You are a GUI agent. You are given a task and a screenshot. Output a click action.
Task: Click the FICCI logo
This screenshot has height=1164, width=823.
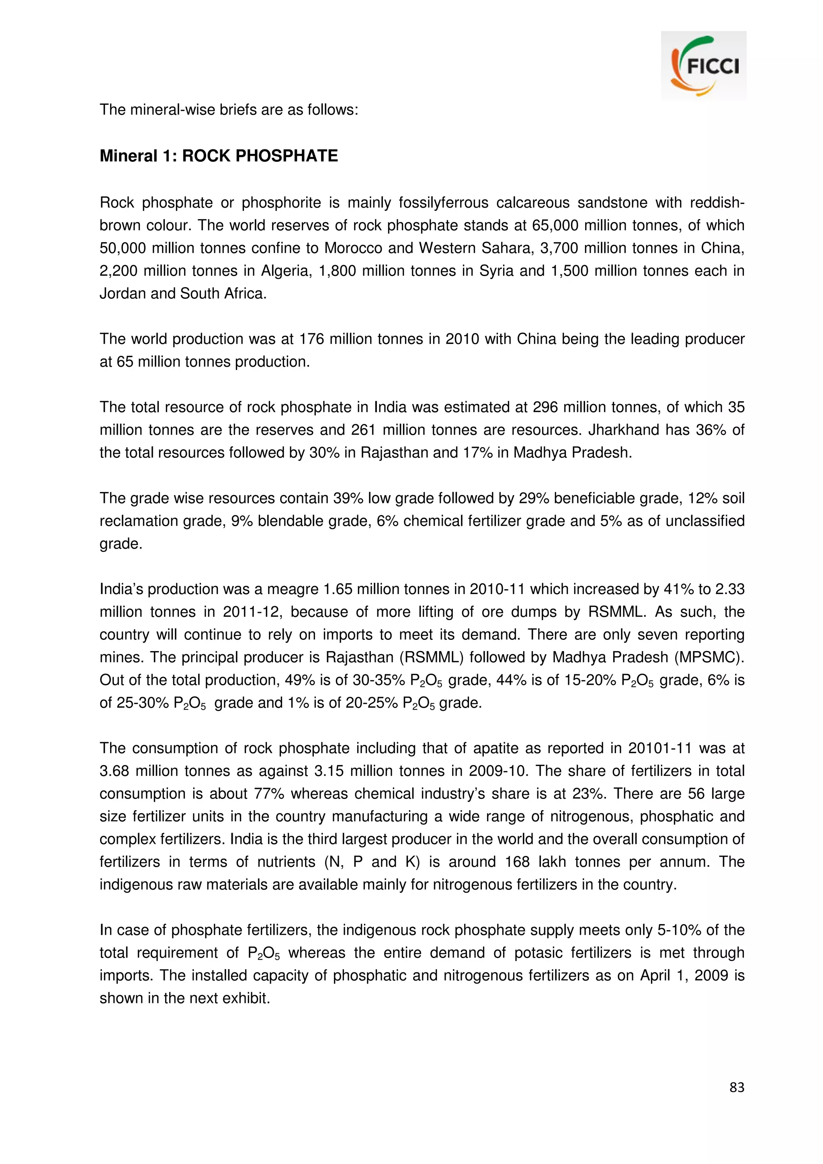(703, 65)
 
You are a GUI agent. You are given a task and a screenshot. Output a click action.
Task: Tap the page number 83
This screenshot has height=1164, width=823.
(736, 1087)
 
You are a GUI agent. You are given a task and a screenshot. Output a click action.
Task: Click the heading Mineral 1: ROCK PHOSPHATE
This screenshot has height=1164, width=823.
(219, 155)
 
